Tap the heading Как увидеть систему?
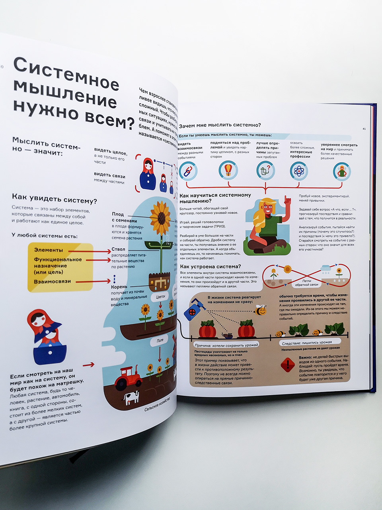[54, 198]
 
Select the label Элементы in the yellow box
[49, 250]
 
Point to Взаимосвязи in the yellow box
[52, 281]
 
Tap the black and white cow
[131, 397]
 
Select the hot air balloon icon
[228, 170]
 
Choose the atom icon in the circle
[299, 171]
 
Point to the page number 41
[364, 128]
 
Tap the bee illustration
[261, 310]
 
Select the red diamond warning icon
[287, 365]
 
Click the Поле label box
[160, 341]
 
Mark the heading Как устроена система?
[210, 266]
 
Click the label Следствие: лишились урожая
[306, 342]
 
